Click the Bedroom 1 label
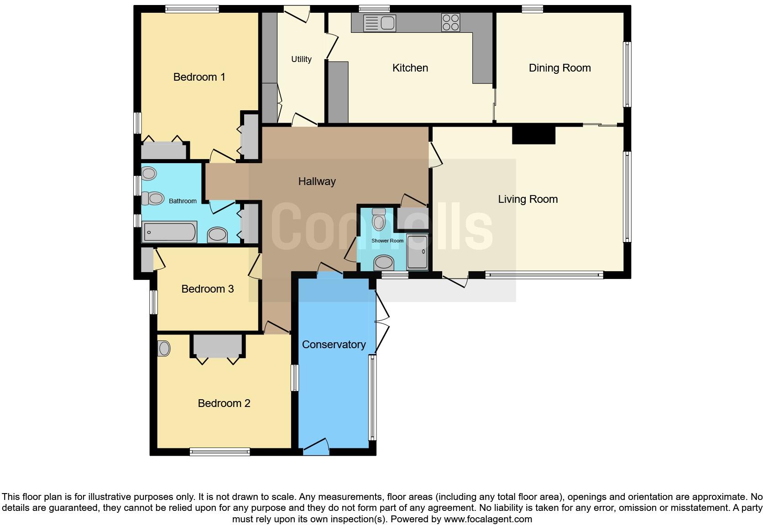point(199,77)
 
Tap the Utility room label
point(301,59)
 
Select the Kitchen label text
point(410,68)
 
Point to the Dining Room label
point(559,68)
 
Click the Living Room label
point(528,199)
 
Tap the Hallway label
point(317,181)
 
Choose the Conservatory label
point(334,345)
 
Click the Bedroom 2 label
point(224,403)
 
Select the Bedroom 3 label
point(207,289)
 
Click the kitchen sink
point(379,23)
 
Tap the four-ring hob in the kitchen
point(450,23)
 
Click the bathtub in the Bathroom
point(169,232)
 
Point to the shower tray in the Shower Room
point(417,252)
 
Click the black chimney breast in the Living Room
point(533,135)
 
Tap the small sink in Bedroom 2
point(163,349)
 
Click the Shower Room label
point(387,241)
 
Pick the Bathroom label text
point(183,201)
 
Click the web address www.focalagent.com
point(487,519)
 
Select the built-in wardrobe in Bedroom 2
point(217,346)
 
